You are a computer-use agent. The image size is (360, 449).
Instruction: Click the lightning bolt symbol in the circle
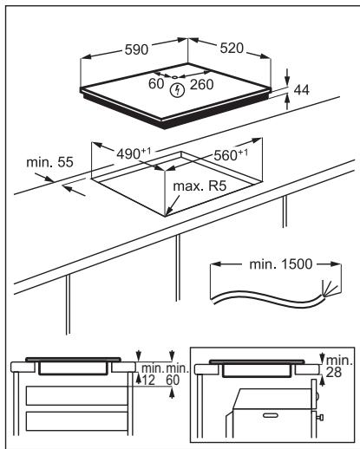179,88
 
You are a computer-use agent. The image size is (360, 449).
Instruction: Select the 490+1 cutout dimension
134,153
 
